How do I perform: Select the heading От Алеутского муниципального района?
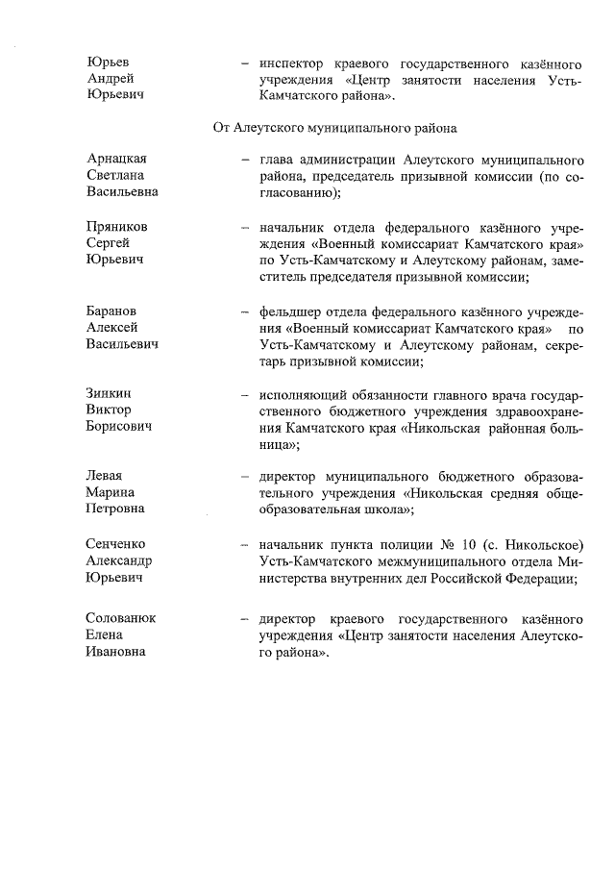[x=333, y=126]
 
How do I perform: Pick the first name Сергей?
[x=107, y=243]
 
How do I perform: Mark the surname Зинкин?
[x=109, y=394]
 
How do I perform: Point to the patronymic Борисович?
[x=119, y=429]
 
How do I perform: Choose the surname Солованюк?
[x=120, y=618]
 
